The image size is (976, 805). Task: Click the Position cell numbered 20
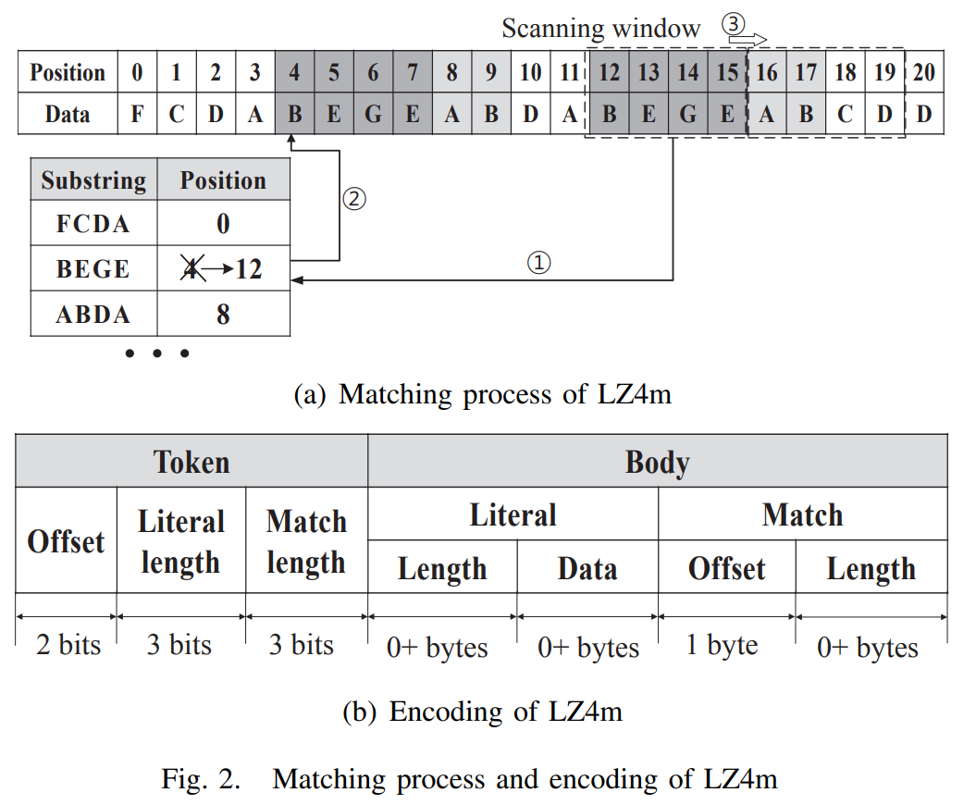click(x=923, y=72)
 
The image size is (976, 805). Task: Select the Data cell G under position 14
click(x=688, y=115)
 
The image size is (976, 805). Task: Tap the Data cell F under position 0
click(x=137, y=115)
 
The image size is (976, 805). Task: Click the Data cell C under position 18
click(x=846, y=115)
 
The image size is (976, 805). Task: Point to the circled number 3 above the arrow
click(x=733, y=25)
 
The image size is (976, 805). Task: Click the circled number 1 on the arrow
click(x=538, y=263)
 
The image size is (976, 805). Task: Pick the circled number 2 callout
click(x=354, y=198)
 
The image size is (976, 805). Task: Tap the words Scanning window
click(x=601, y=28)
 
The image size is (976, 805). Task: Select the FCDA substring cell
click(x=93, y=224)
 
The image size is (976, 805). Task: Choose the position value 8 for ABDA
click(x=223, y=315)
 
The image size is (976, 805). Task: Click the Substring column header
click(x=93, y=180)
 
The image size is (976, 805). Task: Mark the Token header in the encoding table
click(x=191, y=461)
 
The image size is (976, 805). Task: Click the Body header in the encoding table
click(x=657, y=461)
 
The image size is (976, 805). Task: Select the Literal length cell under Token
click(x=181, y=541)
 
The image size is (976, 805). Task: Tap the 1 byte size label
click(x=722, y=644)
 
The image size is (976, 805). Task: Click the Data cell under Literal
click(x=587, y=568)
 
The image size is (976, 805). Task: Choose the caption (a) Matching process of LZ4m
click(x=482, y=394)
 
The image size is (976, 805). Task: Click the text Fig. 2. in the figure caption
click(x=200, y=778)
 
